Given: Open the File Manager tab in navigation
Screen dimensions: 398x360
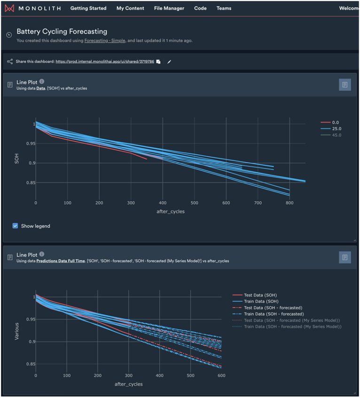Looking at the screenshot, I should pyautogui.click(x=169, y=8).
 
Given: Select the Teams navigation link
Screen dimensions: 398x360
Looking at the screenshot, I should pyautogui.click(x=224, y=8).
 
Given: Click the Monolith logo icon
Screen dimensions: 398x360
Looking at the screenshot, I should pyautogui.click(x=10, y=8).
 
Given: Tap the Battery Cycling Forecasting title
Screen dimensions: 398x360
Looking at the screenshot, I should pyautogui.click(x=62, y=32).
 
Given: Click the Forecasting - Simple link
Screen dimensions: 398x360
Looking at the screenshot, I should pyautogui.click(x=105, y=41).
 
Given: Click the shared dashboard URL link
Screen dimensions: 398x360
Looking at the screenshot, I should pyautogui.click(x=104, y=62).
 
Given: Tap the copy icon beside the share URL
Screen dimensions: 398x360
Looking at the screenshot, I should pyautogui.click(x=158, y=62).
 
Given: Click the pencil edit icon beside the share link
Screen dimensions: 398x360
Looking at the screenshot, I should pyautogui.click(x=169, y=62).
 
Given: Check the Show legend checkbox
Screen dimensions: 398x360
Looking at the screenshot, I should pyautogui.click(x=16, y=226).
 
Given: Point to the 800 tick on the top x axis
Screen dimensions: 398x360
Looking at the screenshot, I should pyautogui.click(x=290, y=203).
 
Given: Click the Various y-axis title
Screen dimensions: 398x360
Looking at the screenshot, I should pyautogui.click(x=17, y=331).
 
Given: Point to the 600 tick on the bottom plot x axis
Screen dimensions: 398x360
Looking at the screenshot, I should pyautogui.click(x=221, y=376).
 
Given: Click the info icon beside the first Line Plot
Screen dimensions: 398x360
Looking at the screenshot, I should pyautogui.click(x=42, y=81).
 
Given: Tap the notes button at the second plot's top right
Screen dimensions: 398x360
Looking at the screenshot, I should pyautogui.click(x=344, y=257).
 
